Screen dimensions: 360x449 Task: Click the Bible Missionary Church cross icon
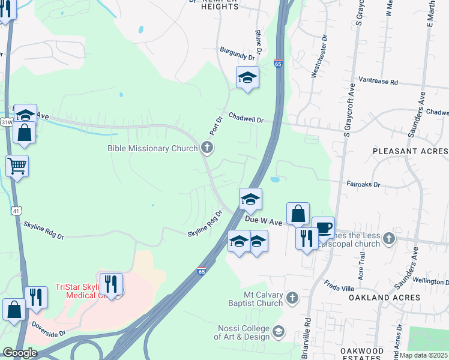tap(207, 148)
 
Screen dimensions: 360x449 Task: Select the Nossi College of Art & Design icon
tap(279, 331)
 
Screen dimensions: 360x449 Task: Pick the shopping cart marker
tap(17, 165)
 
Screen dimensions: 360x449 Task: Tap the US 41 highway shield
tap(16, 211)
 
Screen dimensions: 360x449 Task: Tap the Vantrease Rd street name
tap(378, 80)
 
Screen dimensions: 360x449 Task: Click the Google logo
tap(20, 352)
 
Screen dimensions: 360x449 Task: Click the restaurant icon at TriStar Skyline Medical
tap(110, 283)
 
